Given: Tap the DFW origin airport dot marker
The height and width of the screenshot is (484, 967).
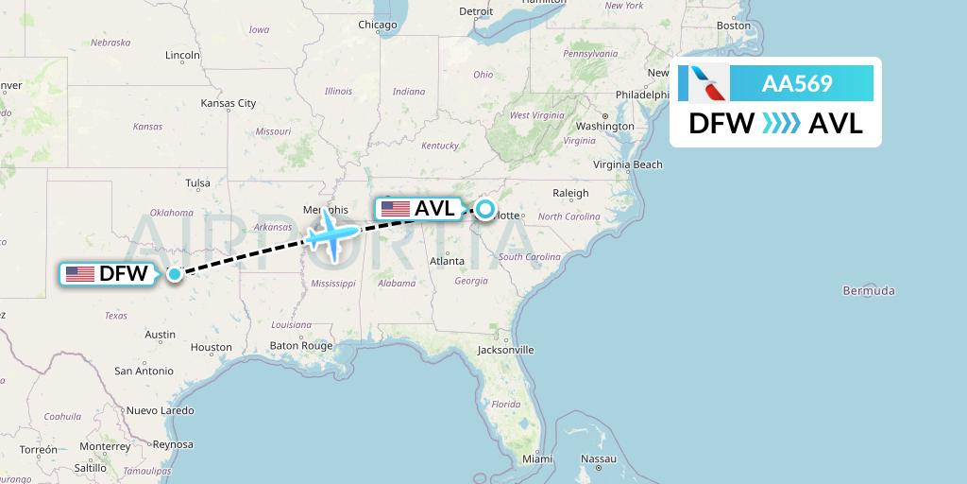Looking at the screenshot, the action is click(175, 274).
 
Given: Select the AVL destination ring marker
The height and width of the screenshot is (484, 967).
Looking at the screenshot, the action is click(484, 209).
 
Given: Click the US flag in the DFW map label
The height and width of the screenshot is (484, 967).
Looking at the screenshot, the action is click(80, 274).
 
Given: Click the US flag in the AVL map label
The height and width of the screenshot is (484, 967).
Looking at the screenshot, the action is click(395, 209).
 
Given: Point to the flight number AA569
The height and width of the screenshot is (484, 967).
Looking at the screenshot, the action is click(797, 84).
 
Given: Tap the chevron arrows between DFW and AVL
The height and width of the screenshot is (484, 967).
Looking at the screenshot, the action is click(781, 124).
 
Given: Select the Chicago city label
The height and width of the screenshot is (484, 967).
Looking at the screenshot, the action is click(377, 25).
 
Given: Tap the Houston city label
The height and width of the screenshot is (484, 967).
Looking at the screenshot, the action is click(211, 347).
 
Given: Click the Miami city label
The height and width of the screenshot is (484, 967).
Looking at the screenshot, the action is click(537, 458).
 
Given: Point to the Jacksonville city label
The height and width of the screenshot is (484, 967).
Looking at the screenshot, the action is click(505, 349).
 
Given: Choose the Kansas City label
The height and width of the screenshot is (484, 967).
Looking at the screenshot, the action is click(229, 103).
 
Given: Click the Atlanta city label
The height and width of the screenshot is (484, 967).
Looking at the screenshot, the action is click(446, 261).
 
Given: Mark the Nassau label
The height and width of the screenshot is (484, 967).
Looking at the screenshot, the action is click(599, 458).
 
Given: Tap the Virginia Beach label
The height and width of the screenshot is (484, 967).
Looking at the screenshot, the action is click(628, 164).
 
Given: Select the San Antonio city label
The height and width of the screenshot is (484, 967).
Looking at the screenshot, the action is click(144, 372).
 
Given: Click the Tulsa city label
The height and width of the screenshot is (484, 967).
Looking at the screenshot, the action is click(197, 182).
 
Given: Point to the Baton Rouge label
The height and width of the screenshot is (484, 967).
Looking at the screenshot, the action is click(301, 346).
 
